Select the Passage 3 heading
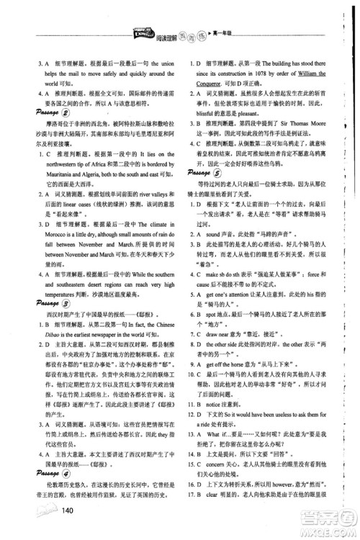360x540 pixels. (x=48, y=304)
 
